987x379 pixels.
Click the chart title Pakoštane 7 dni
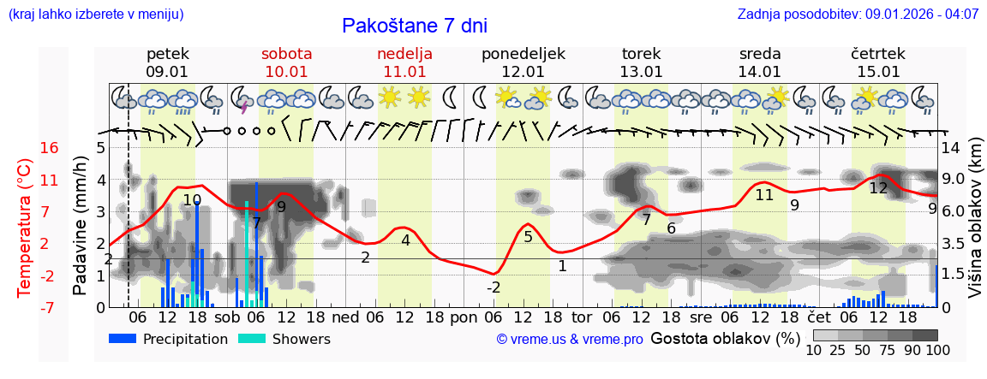[x=414, y=26]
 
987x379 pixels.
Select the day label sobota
[x=286, y=54]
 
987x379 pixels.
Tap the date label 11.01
[x=404, y=72]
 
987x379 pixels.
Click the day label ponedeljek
[x=523, y=54]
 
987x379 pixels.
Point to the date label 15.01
[x=878, y=72]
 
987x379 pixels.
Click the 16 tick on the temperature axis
[x=50, y=148]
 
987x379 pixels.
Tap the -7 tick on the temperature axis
[x=50, y=307]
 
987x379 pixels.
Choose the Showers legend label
[x=301, y=339]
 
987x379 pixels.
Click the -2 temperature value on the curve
[x=493, y=287]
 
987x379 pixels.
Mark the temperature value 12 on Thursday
[x=878, y=188]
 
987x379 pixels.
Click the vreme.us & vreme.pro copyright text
[x=570, y=340]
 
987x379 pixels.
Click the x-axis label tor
[x=583, y=316]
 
